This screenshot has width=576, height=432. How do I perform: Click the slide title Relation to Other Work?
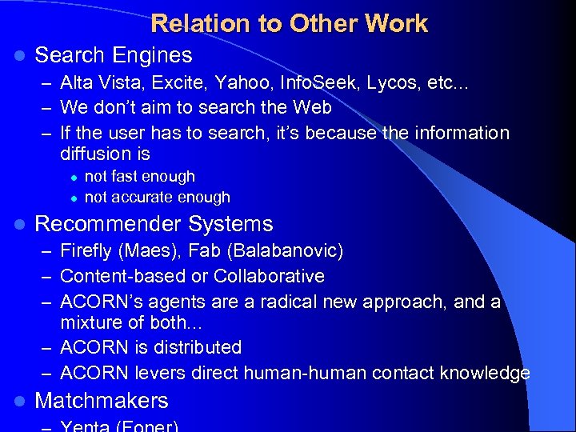click(x=289, y=23)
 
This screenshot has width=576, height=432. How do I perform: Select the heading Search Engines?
click(x=114, y=55)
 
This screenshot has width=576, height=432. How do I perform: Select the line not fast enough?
click(x=139, y=176)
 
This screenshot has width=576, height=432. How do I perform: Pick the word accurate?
click(x=148, y=197)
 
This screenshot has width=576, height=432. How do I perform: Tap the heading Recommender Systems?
click(x=154, y=224)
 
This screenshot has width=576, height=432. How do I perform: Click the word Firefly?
click(x=86, y=251)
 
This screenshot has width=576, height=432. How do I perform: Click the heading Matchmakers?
click(x=102, y=401)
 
